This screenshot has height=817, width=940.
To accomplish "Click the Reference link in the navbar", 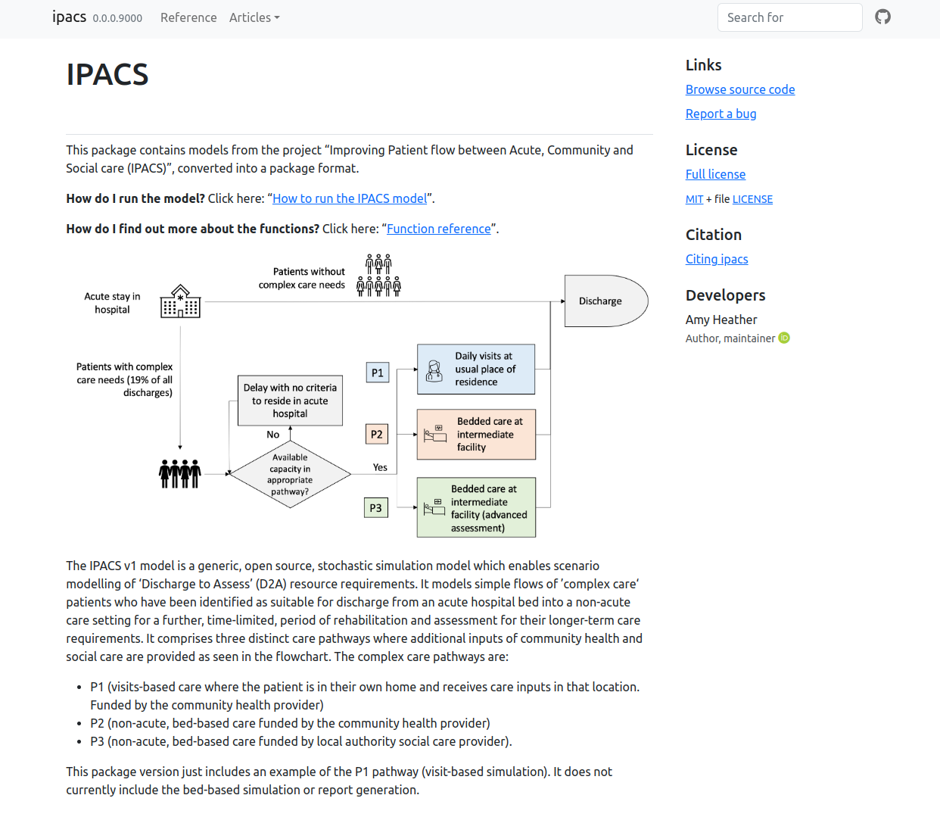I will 188,17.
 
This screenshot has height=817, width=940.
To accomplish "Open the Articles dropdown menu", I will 254,17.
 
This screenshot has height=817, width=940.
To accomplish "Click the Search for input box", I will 789,17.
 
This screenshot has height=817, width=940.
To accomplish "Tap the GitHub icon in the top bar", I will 882,17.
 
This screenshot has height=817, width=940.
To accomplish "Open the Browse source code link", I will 740,89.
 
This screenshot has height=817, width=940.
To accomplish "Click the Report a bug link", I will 721,114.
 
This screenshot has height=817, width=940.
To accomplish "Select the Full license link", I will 715,174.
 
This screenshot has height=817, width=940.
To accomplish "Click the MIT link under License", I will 694,199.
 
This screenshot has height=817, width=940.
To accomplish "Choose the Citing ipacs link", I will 717,259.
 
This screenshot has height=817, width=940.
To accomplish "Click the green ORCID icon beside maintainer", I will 784,338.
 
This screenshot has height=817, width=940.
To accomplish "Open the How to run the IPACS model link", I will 350,198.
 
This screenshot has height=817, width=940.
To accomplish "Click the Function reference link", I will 439,229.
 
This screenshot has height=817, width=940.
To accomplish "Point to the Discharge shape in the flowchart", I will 603,301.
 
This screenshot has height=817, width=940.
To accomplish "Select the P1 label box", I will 377,373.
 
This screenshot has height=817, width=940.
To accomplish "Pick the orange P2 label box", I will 376,434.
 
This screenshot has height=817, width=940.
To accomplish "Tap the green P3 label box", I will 375,507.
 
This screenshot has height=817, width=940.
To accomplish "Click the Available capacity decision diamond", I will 290,474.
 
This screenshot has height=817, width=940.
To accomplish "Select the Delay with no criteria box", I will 290,401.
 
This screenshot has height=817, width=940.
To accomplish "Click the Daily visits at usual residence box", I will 476,369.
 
